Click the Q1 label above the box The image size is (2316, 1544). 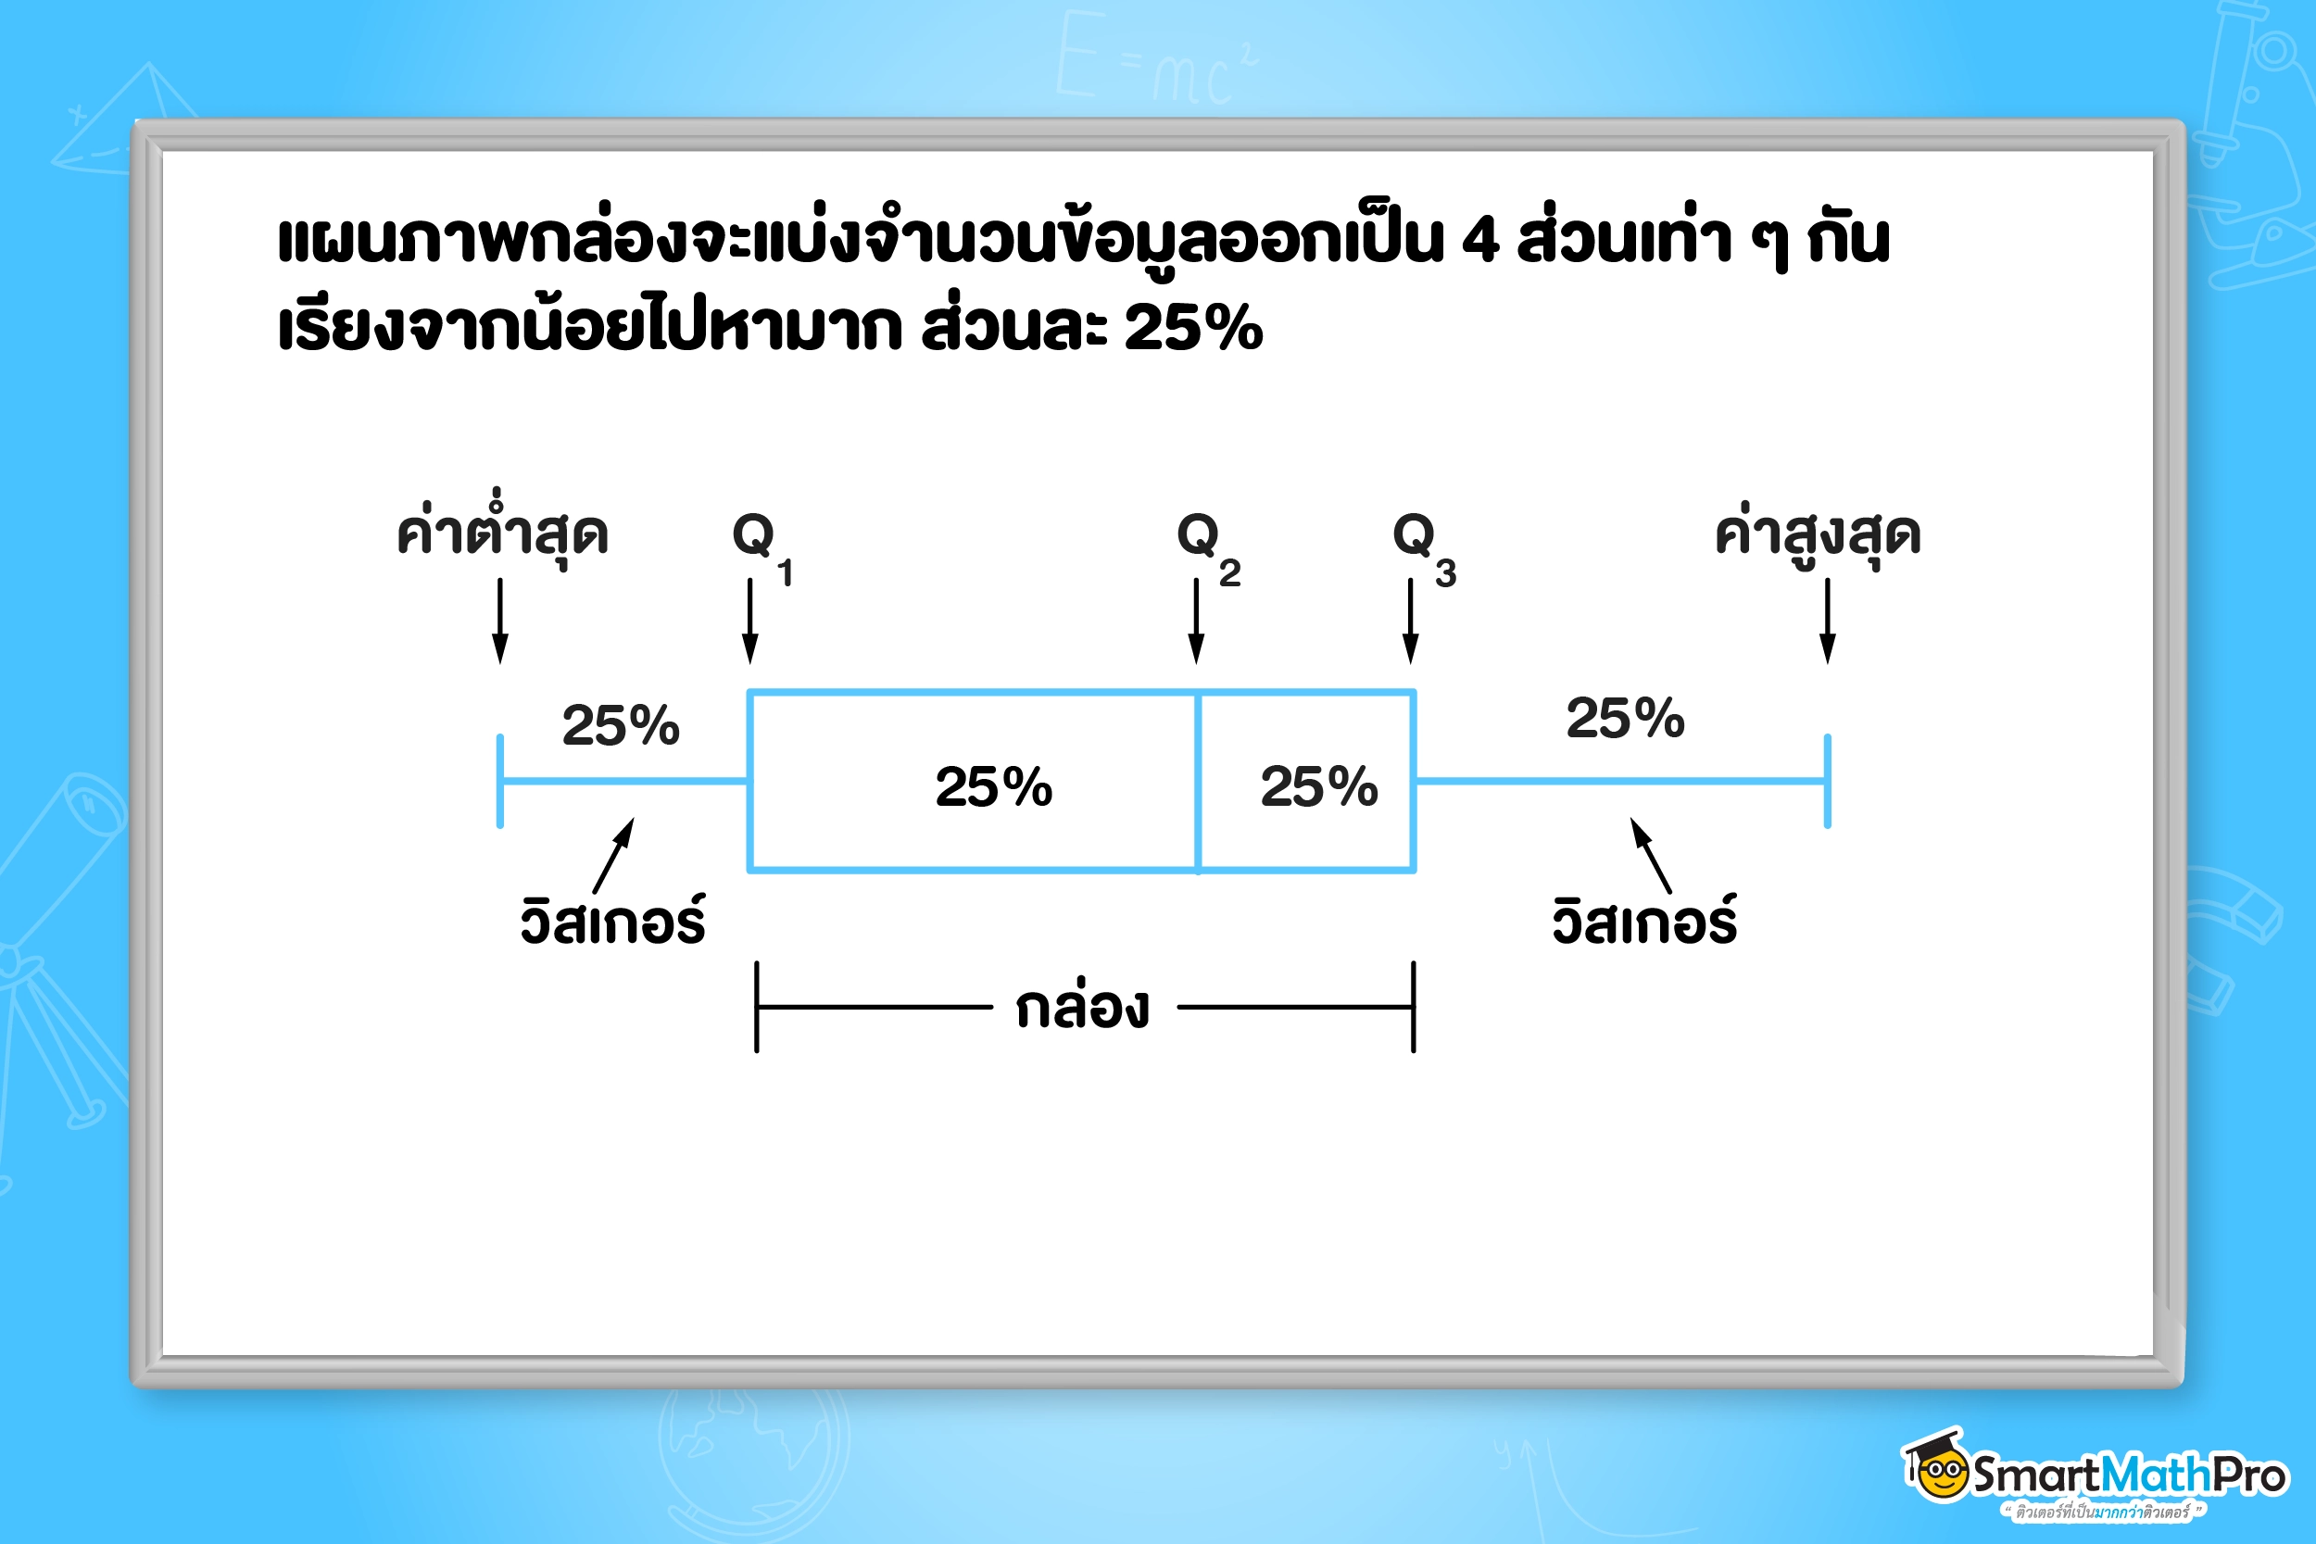tap(763, 547)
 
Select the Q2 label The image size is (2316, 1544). tap(1209, 547)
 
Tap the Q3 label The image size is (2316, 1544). tap(1425, 547)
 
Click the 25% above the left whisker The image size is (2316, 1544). tap(621, 726)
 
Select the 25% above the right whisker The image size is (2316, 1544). tap(1625, 718)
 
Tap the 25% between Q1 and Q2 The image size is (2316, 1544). tap(993, 786)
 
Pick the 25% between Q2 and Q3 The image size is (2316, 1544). tap(1318, 786)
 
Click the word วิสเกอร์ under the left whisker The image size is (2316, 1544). tap(612, 919)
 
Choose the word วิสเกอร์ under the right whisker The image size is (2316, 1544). tap(1644, 919)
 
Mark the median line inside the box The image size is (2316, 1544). tap(1198, 782)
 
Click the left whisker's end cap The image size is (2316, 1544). tap(500, 781)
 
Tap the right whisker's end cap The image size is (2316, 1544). tap(1828, 781)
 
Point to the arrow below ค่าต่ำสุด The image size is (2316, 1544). tap(500, 621)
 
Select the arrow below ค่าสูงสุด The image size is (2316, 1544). tap(1828, 621)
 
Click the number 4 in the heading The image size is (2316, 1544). tap(1480, 239)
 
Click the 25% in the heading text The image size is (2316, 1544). tap(1192, 327)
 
